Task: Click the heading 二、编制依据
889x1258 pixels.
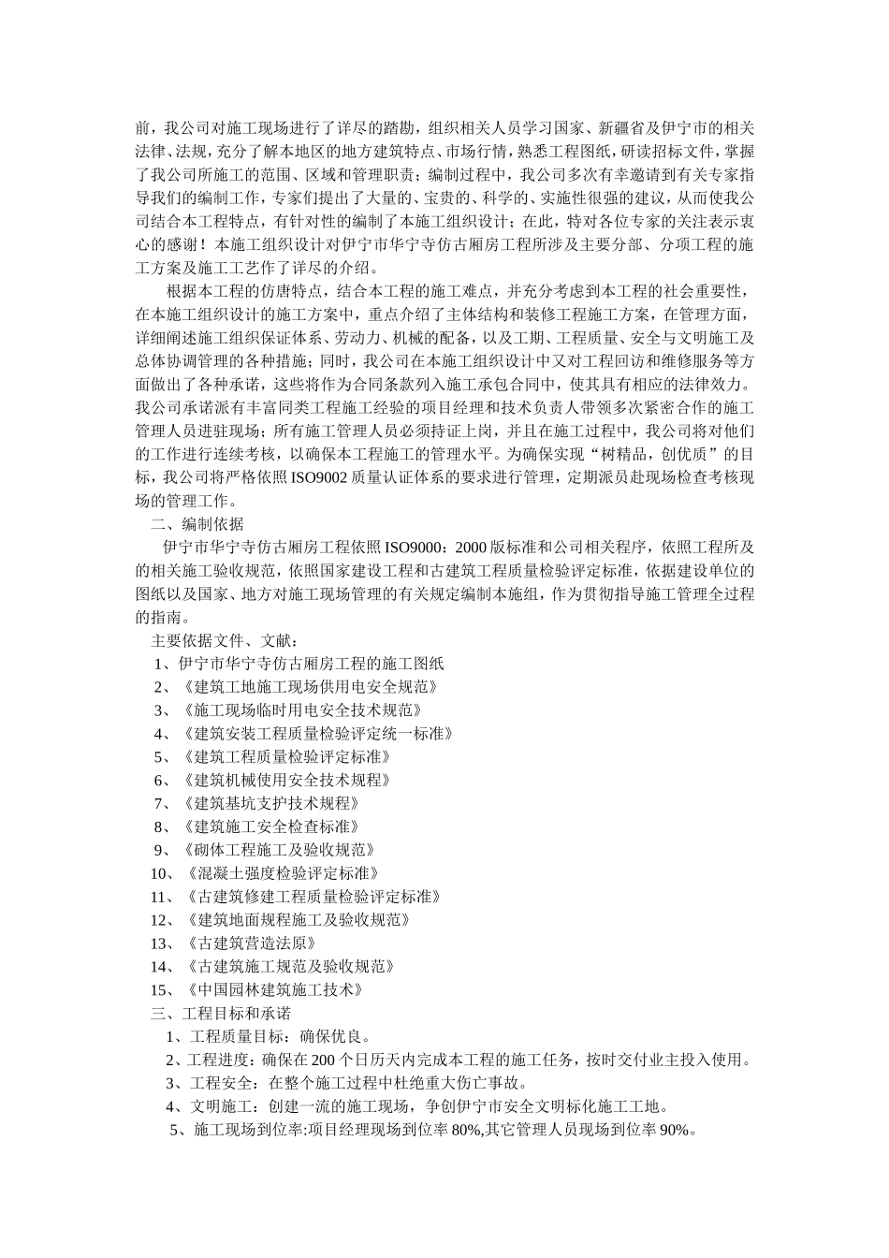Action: pyautogui.click(x=197, y=524)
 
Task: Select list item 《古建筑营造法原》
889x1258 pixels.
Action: pyautogui.click(x=250, y=943)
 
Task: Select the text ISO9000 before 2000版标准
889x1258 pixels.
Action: pyautogui.click(x=416, y=548)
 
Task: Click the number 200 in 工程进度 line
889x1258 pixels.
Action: pyautogui.click(x=321, y=1061)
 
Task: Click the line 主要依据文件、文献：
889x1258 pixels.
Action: pyautogui.click(x=225, y=641)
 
